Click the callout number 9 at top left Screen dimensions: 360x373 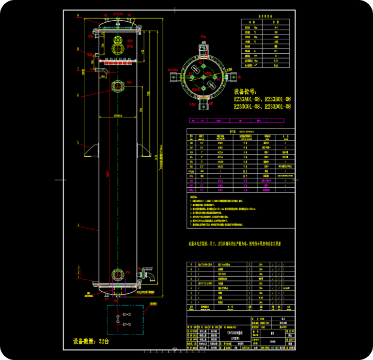click(x=78, y=16)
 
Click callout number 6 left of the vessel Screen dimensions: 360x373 click(x=78, y=95)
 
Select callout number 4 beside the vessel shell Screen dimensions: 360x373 click(x=78, y=226)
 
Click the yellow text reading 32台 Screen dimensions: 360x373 click(x=103, y=341)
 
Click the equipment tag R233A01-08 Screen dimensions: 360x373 click(x=247, y=99)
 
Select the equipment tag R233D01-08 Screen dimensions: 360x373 click(x=278, y=107)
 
